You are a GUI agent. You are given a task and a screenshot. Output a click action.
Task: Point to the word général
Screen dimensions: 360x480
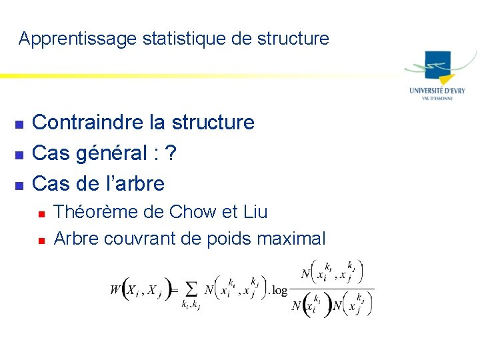point(113,154)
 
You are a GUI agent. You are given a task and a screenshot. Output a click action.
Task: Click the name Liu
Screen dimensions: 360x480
point(255,212)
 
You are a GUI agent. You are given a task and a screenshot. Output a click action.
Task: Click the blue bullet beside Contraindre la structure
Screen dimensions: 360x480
point(19,124)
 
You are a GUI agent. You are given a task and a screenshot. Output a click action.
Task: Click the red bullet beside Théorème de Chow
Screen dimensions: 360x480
point(41,214)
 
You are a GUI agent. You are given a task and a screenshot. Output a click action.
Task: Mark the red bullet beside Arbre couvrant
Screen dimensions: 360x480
point(41,240)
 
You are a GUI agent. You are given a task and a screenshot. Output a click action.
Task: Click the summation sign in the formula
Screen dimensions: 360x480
point(191,289)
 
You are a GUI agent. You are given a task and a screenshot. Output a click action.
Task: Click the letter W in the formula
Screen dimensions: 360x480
point(115,289)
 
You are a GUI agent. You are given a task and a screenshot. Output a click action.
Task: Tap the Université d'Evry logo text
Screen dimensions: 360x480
point(437,91)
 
